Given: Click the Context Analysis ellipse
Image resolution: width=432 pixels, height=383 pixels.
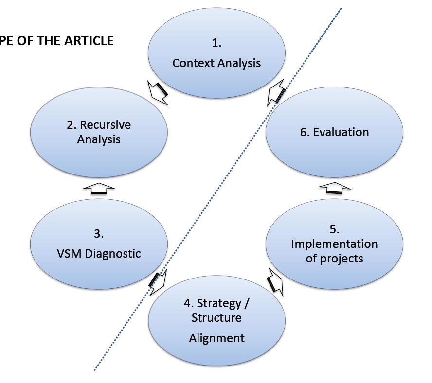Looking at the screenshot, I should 216,53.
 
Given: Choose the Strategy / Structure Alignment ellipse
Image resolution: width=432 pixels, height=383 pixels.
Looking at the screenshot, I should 216,321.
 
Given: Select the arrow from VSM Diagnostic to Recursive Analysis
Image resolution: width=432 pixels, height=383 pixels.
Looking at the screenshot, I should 99,190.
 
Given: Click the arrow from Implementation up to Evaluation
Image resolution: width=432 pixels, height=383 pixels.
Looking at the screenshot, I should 334,190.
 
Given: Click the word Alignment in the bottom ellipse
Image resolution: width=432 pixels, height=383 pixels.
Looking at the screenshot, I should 217,338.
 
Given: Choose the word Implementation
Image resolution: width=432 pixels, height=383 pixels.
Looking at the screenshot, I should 334,244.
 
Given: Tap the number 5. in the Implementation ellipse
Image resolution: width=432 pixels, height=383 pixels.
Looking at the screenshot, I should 334,229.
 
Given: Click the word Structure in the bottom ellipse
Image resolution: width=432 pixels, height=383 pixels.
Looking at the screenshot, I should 216,318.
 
